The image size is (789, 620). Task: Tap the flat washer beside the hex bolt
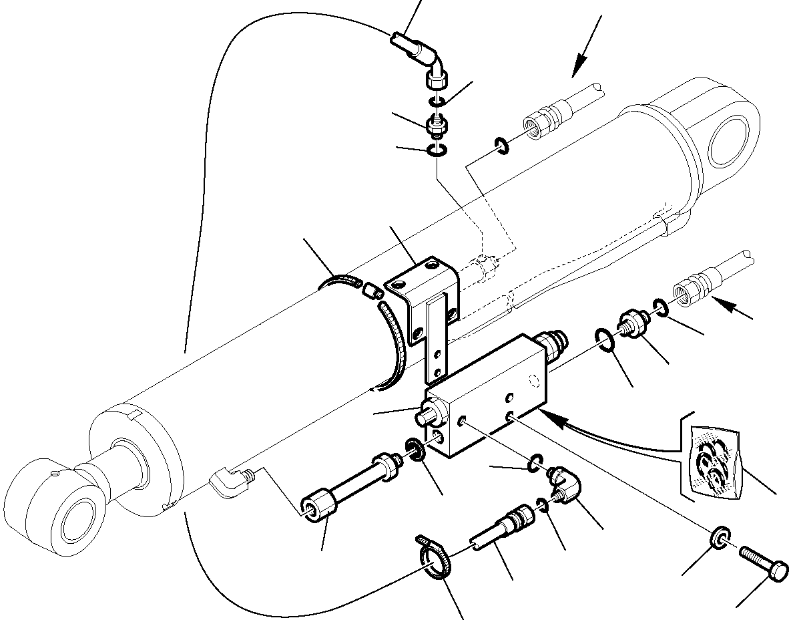[720, 538]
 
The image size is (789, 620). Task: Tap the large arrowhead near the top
[577, 64]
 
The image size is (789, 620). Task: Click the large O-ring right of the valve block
[604, 338]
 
